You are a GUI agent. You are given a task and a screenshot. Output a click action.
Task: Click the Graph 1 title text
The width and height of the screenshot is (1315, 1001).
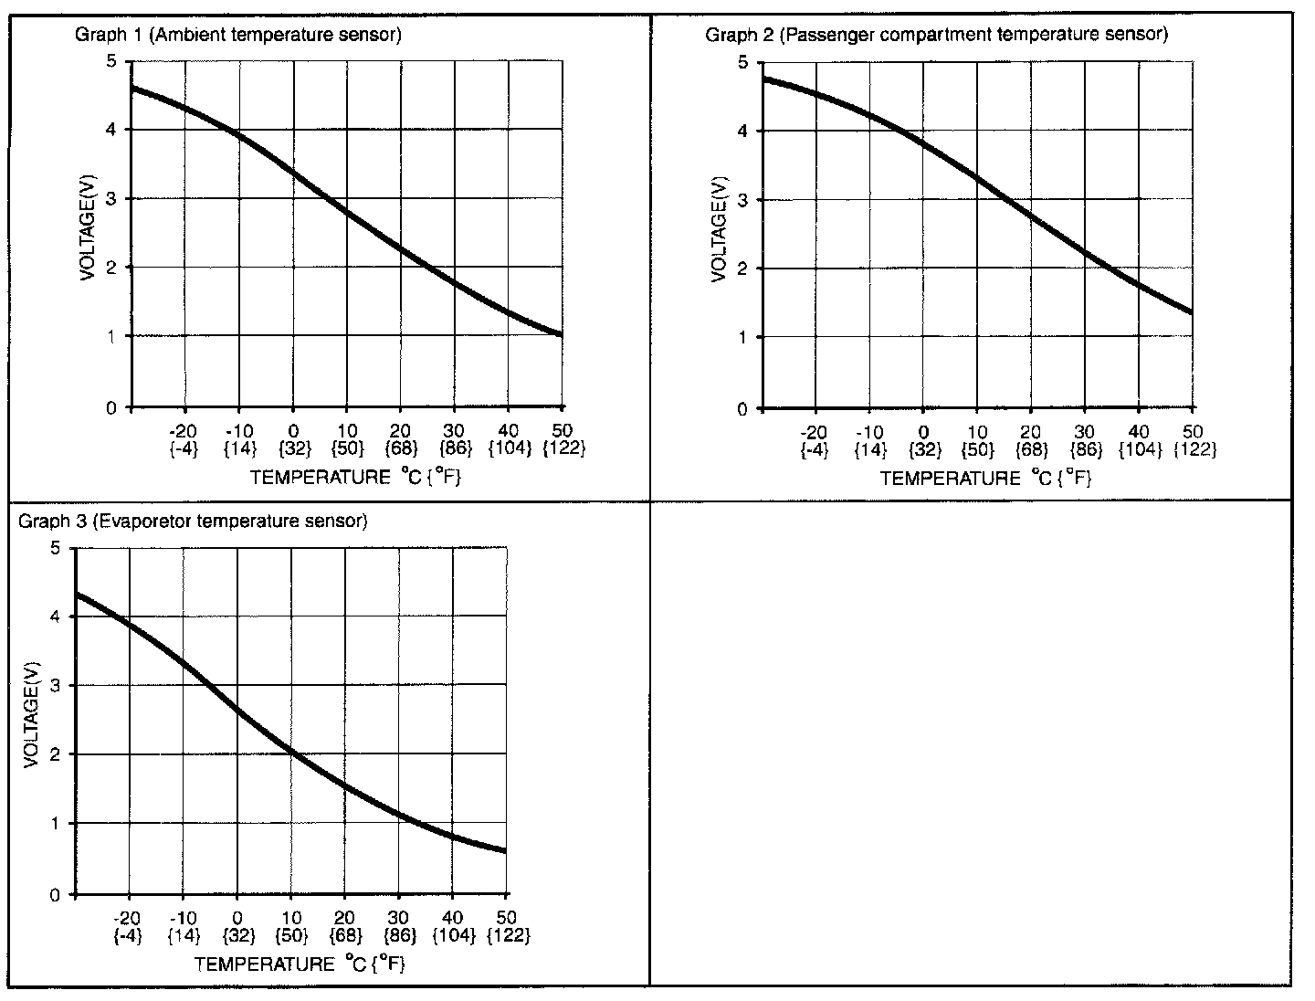click(237, 35)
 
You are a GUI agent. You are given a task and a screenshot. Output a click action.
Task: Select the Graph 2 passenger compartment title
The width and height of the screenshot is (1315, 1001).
click(936, 35)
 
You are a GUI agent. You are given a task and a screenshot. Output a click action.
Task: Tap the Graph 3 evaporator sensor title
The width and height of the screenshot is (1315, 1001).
click(193, 522)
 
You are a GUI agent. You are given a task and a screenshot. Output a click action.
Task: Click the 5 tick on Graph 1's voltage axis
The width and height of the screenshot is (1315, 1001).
click(111, 61)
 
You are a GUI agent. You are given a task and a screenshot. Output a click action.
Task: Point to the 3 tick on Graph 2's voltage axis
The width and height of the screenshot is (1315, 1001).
click(742, 200)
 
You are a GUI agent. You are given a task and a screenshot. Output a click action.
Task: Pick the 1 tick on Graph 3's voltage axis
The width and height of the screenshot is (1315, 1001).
click(56, 824)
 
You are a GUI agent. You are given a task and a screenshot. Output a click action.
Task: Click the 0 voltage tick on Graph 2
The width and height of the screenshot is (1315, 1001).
click(742, 408)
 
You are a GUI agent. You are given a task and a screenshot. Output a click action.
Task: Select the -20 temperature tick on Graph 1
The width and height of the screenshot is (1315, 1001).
click(184, 431)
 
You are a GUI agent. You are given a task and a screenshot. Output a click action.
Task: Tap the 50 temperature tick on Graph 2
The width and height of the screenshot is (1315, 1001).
click(1192, 432)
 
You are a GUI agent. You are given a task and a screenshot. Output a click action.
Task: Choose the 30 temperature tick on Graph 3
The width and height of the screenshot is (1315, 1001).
click(398, 918)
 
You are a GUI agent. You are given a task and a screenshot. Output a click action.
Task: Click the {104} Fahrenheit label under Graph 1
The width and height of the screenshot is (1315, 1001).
click(509, 448)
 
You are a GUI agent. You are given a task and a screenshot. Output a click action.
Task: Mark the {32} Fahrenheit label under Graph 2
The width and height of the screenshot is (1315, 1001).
click(923, 449)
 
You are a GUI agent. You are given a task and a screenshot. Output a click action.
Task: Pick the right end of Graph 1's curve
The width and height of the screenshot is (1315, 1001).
click(560, 334)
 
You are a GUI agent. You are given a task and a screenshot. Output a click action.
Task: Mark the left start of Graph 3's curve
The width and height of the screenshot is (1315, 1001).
click(77, 595)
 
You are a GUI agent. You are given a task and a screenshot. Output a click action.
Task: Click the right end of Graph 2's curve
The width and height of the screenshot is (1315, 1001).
click(1190, 312)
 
